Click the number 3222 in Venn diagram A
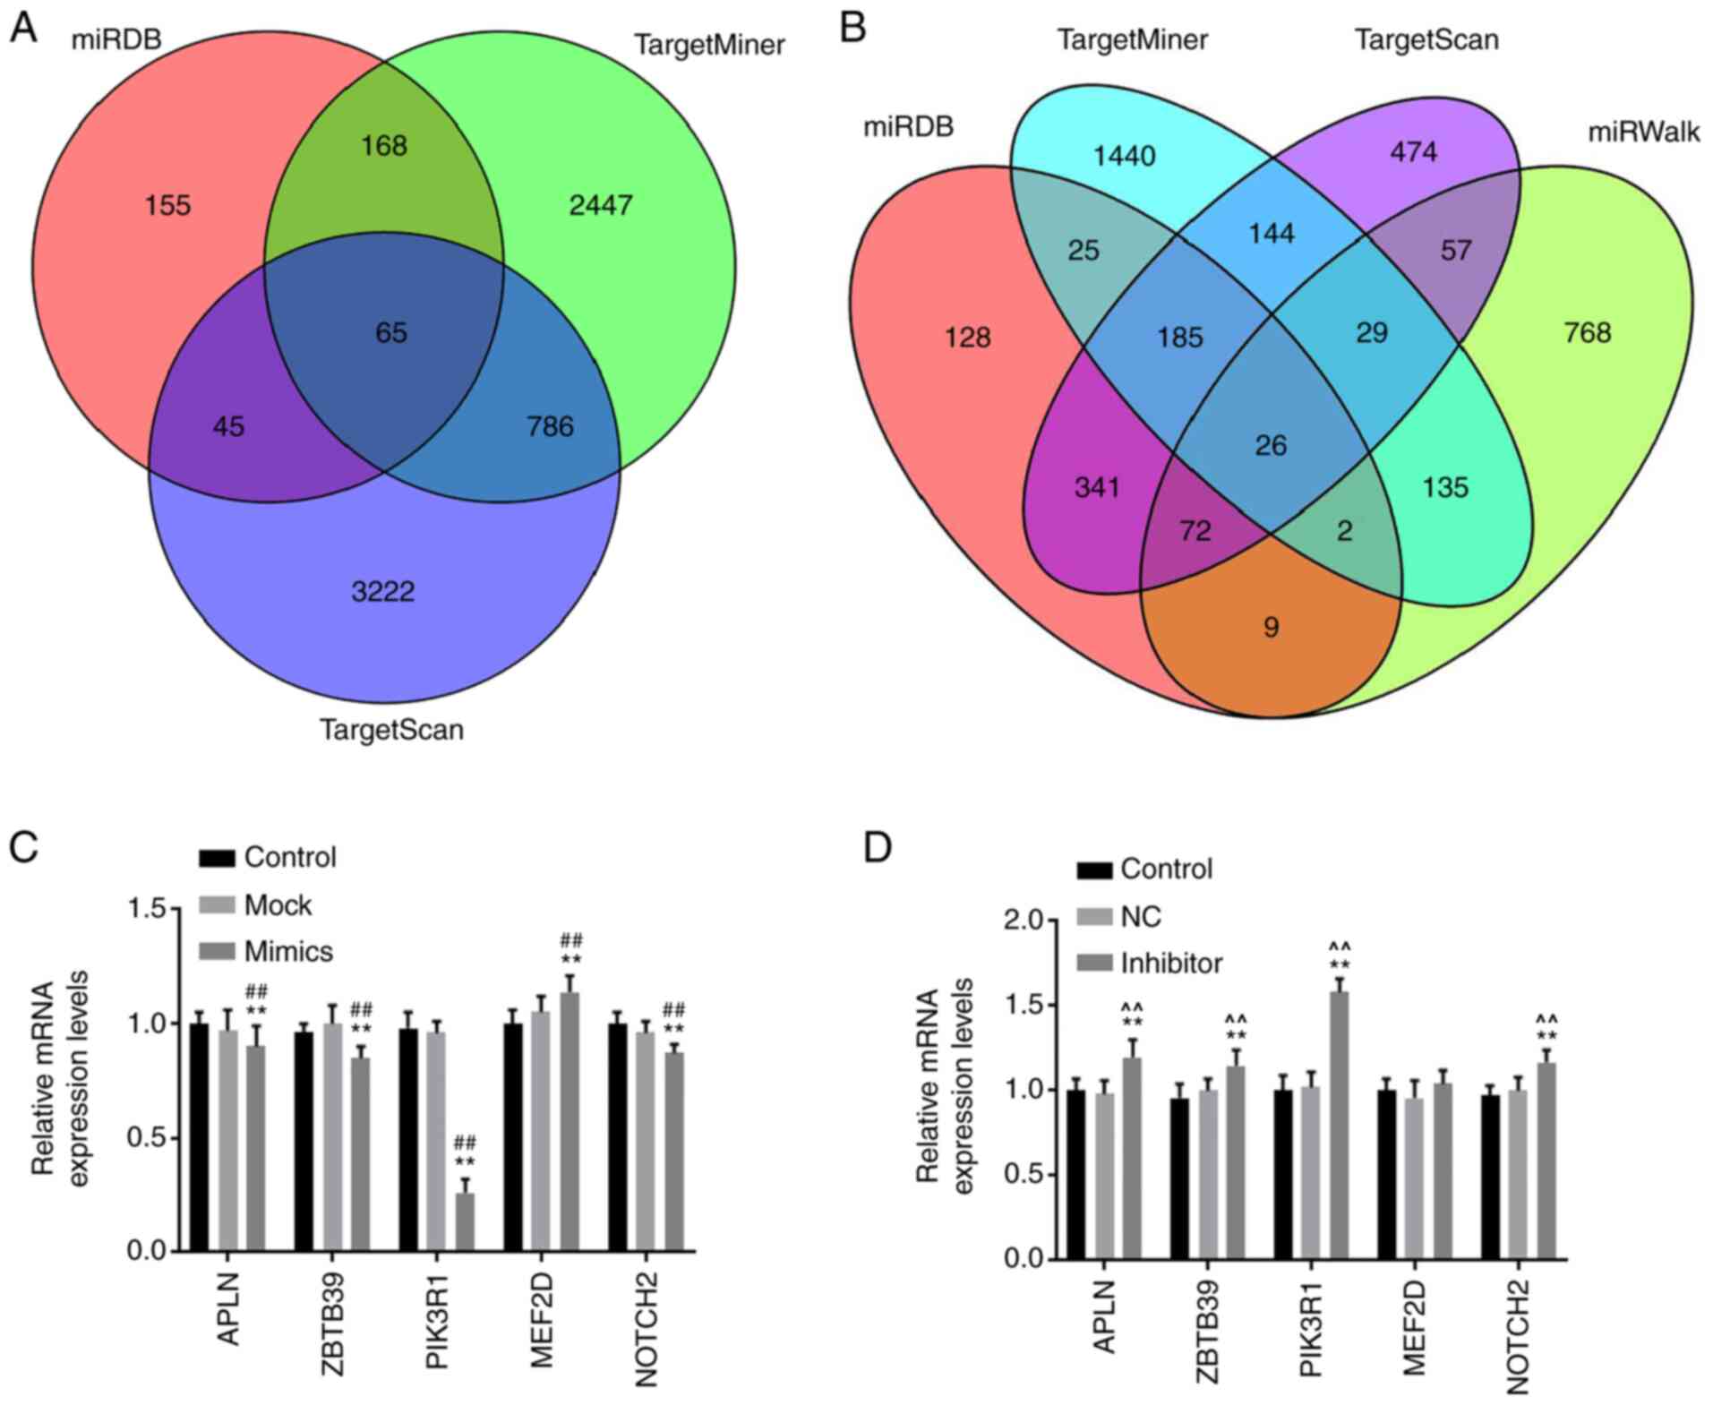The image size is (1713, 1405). [x=382, y=591]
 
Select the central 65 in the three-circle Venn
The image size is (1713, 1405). [x=391, y=333]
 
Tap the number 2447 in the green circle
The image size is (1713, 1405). [x=601, y=206]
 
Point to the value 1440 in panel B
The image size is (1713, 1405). [x=1125, y=156]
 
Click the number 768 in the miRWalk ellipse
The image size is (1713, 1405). [x=1587, y=333]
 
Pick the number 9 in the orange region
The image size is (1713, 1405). [x=1271, y=627]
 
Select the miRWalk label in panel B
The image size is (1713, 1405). [x=1643, y=133]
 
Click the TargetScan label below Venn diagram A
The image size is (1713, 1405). [x=392, y=730]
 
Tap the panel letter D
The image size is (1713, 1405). [x=877, y=846]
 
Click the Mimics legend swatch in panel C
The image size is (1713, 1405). [x=216, y=951]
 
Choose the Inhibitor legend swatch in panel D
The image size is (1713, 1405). [x=1094, y=964]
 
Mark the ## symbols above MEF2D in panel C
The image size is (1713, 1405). [x=571, y=940]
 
